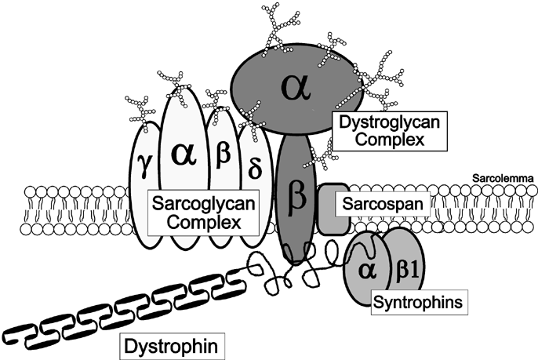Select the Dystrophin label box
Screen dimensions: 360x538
169,344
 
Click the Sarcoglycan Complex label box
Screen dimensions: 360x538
205,215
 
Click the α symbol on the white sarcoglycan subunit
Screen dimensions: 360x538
181,155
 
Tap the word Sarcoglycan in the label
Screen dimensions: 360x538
205,205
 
